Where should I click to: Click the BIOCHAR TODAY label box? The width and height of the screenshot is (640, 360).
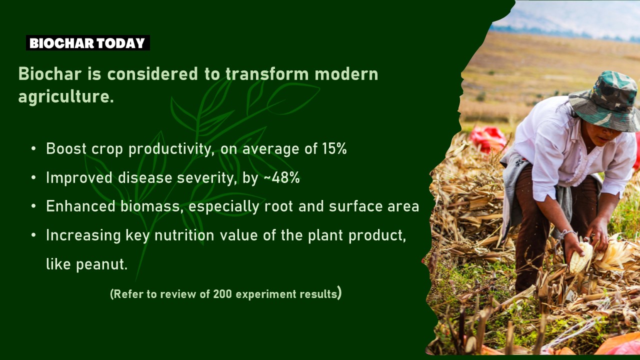coord(88,43)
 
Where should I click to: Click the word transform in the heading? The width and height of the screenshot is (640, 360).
coord(267,73)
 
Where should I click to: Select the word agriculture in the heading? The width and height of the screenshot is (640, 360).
coord(66,96)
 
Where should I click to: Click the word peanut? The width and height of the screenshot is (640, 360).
coord(101,264)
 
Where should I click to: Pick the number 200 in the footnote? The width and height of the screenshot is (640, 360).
coord(222,294)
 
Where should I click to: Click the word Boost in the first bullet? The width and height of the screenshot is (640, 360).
coord(66,148)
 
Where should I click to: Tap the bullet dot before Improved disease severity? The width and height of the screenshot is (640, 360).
coord(33,177)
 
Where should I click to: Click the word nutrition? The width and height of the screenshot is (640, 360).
coord(184,235)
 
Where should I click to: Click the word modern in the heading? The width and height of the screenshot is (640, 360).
coord(346,73)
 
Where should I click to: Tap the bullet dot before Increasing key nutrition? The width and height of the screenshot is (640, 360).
coord(33,235)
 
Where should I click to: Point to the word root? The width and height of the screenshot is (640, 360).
coord(278,206)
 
